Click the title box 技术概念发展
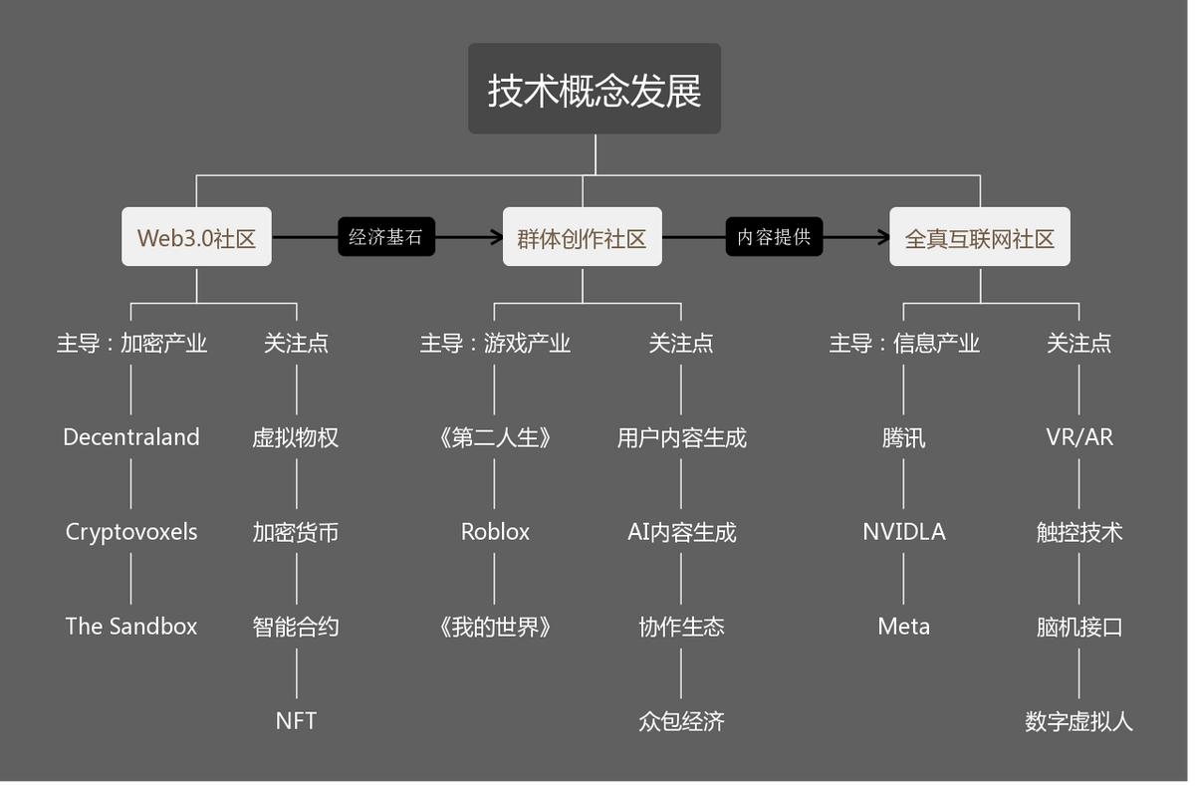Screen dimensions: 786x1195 pyautogui.click(x=595, y=90)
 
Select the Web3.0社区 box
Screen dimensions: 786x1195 pyautogui.click(x=196, y=238)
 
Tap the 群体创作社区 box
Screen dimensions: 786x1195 pyautogui.click(x=582, y=238)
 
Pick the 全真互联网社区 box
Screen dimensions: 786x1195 pyautogui.click(x=979, y=238)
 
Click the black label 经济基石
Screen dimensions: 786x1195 pyautogui.click(x=385, y=237)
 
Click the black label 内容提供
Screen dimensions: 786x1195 pyautogui.click(x=774, y=237)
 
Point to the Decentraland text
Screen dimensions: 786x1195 pyautogui.click(x=131, y=437)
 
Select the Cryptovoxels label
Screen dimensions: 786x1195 pyautogui.click(x=131, y=532)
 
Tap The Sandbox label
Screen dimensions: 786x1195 pyautogui.click(x=131, y=627)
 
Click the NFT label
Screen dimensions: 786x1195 pyautogui.click(x=296, y=720)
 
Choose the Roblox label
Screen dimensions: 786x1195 pyautogui.click(x=495, y=532)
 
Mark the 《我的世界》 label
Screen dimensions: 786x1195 pyautogui.click(x=495, y=627)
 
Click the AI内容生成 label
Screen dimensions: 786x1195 pyautogui.click(x=681, y=532)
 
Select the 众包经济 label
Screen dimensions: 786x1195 pyautogui.click(x=681, y=720)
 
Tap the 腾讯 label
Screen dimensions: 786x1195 pyautogui.click(x=903, y=437)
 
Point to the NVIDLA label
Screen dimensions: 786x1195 pyautogui.click(x=903, y=532)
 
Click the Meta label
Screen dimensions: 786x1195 pyautogui.click(x=903, y=627)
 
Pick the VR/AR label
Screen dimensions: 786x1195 pyautogui.click(x=1079, y=437)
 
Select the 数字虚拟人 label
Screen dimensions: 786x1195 pyautogui.click(x=1079, y=720)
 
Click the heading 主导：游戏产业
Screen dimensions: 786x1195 pyautogui.click(x=495, y=344)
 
